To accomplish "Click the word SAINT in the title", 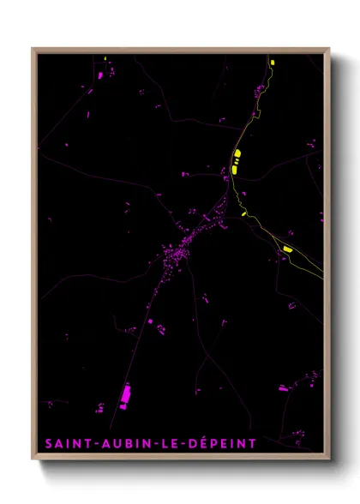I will click(64, 443).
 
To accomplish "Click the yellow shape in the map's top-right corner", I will click(272, 62).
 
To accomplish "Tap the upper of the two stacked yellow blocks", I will click(236, 155).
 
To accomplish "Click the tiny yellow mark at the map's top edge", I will click(105, 57).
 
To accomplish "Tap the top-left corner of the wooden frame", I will click(33, 49).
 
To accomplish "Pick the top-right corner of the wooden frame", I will click(328, 49).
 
